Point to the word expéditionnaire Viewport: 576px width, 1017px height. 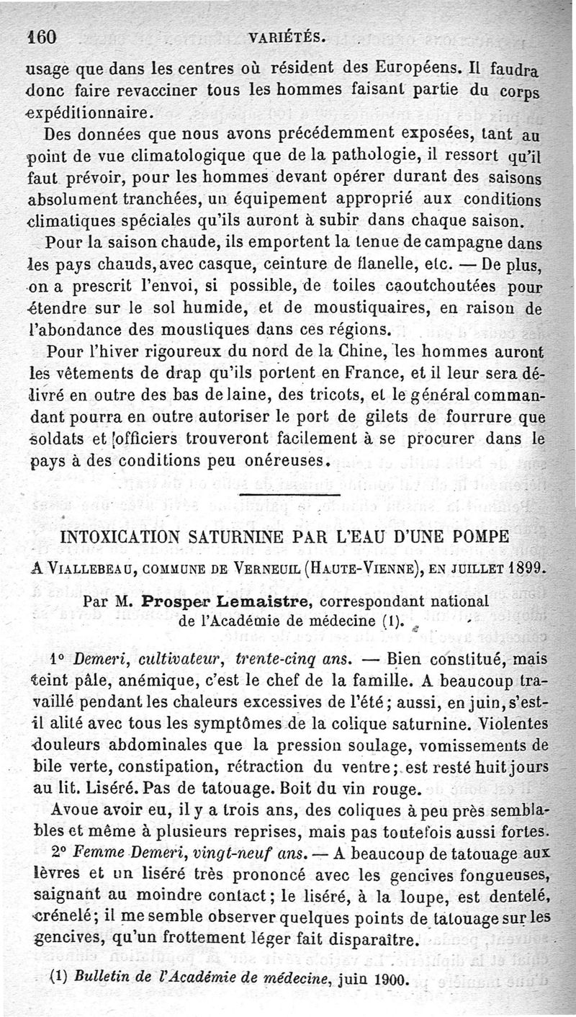click(x=89, y=112)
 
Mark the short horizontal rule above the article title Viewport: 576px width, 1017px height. click(x=289, y=495)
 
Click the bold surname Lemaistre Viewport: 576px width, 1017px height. click(x=259, y=602)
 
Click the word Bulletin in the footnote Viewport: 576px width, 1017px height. click(x=99, y=979)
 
